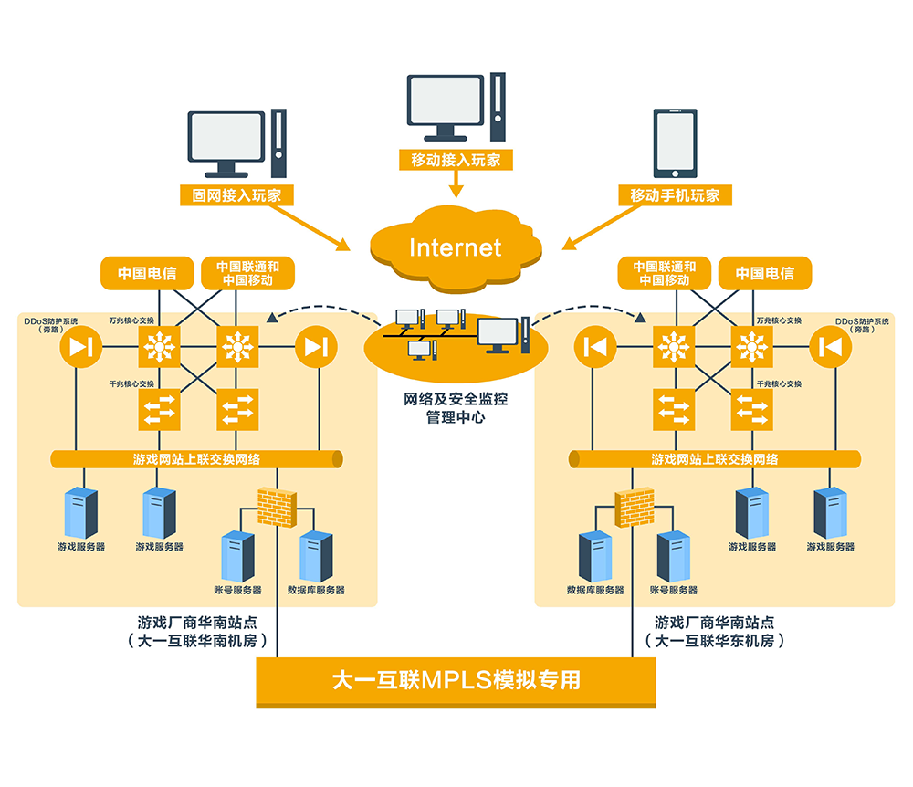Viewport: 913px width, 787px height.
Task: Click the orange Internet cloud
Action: (x=456, y=245)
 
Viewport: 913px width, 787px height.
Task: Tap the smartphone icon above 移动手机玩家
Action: (x=675, y=143)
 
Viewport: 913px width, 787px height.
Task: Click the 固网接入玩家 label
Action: (x=236, y=194)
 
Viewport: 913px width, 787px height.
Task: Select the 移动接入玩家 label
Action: (x=456, y=160)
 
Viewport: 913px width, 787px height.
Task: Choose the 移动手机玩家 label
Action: (x=675, y=194)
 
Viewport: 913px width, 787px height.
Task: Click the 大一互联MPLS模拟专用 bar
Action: (x=456, y=681)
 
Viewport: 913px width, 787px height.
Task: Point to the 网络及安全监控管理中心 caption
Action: (x=456, y=408)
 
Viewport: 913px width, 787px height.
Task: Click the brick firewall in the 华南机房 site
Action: (x=277, y=506)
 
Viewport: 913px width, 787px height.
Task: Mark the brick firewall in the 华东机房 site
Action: (x=635, y=506)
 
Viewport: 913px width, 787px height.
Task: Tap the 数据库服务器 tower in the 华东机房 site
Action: (x=595, y=556)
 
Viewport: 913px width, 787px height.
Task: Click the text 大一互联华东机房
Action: (x=720, y=641)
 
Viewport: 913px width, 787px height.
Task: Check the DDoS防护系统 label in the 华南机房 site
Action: (x=51, y=325)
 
